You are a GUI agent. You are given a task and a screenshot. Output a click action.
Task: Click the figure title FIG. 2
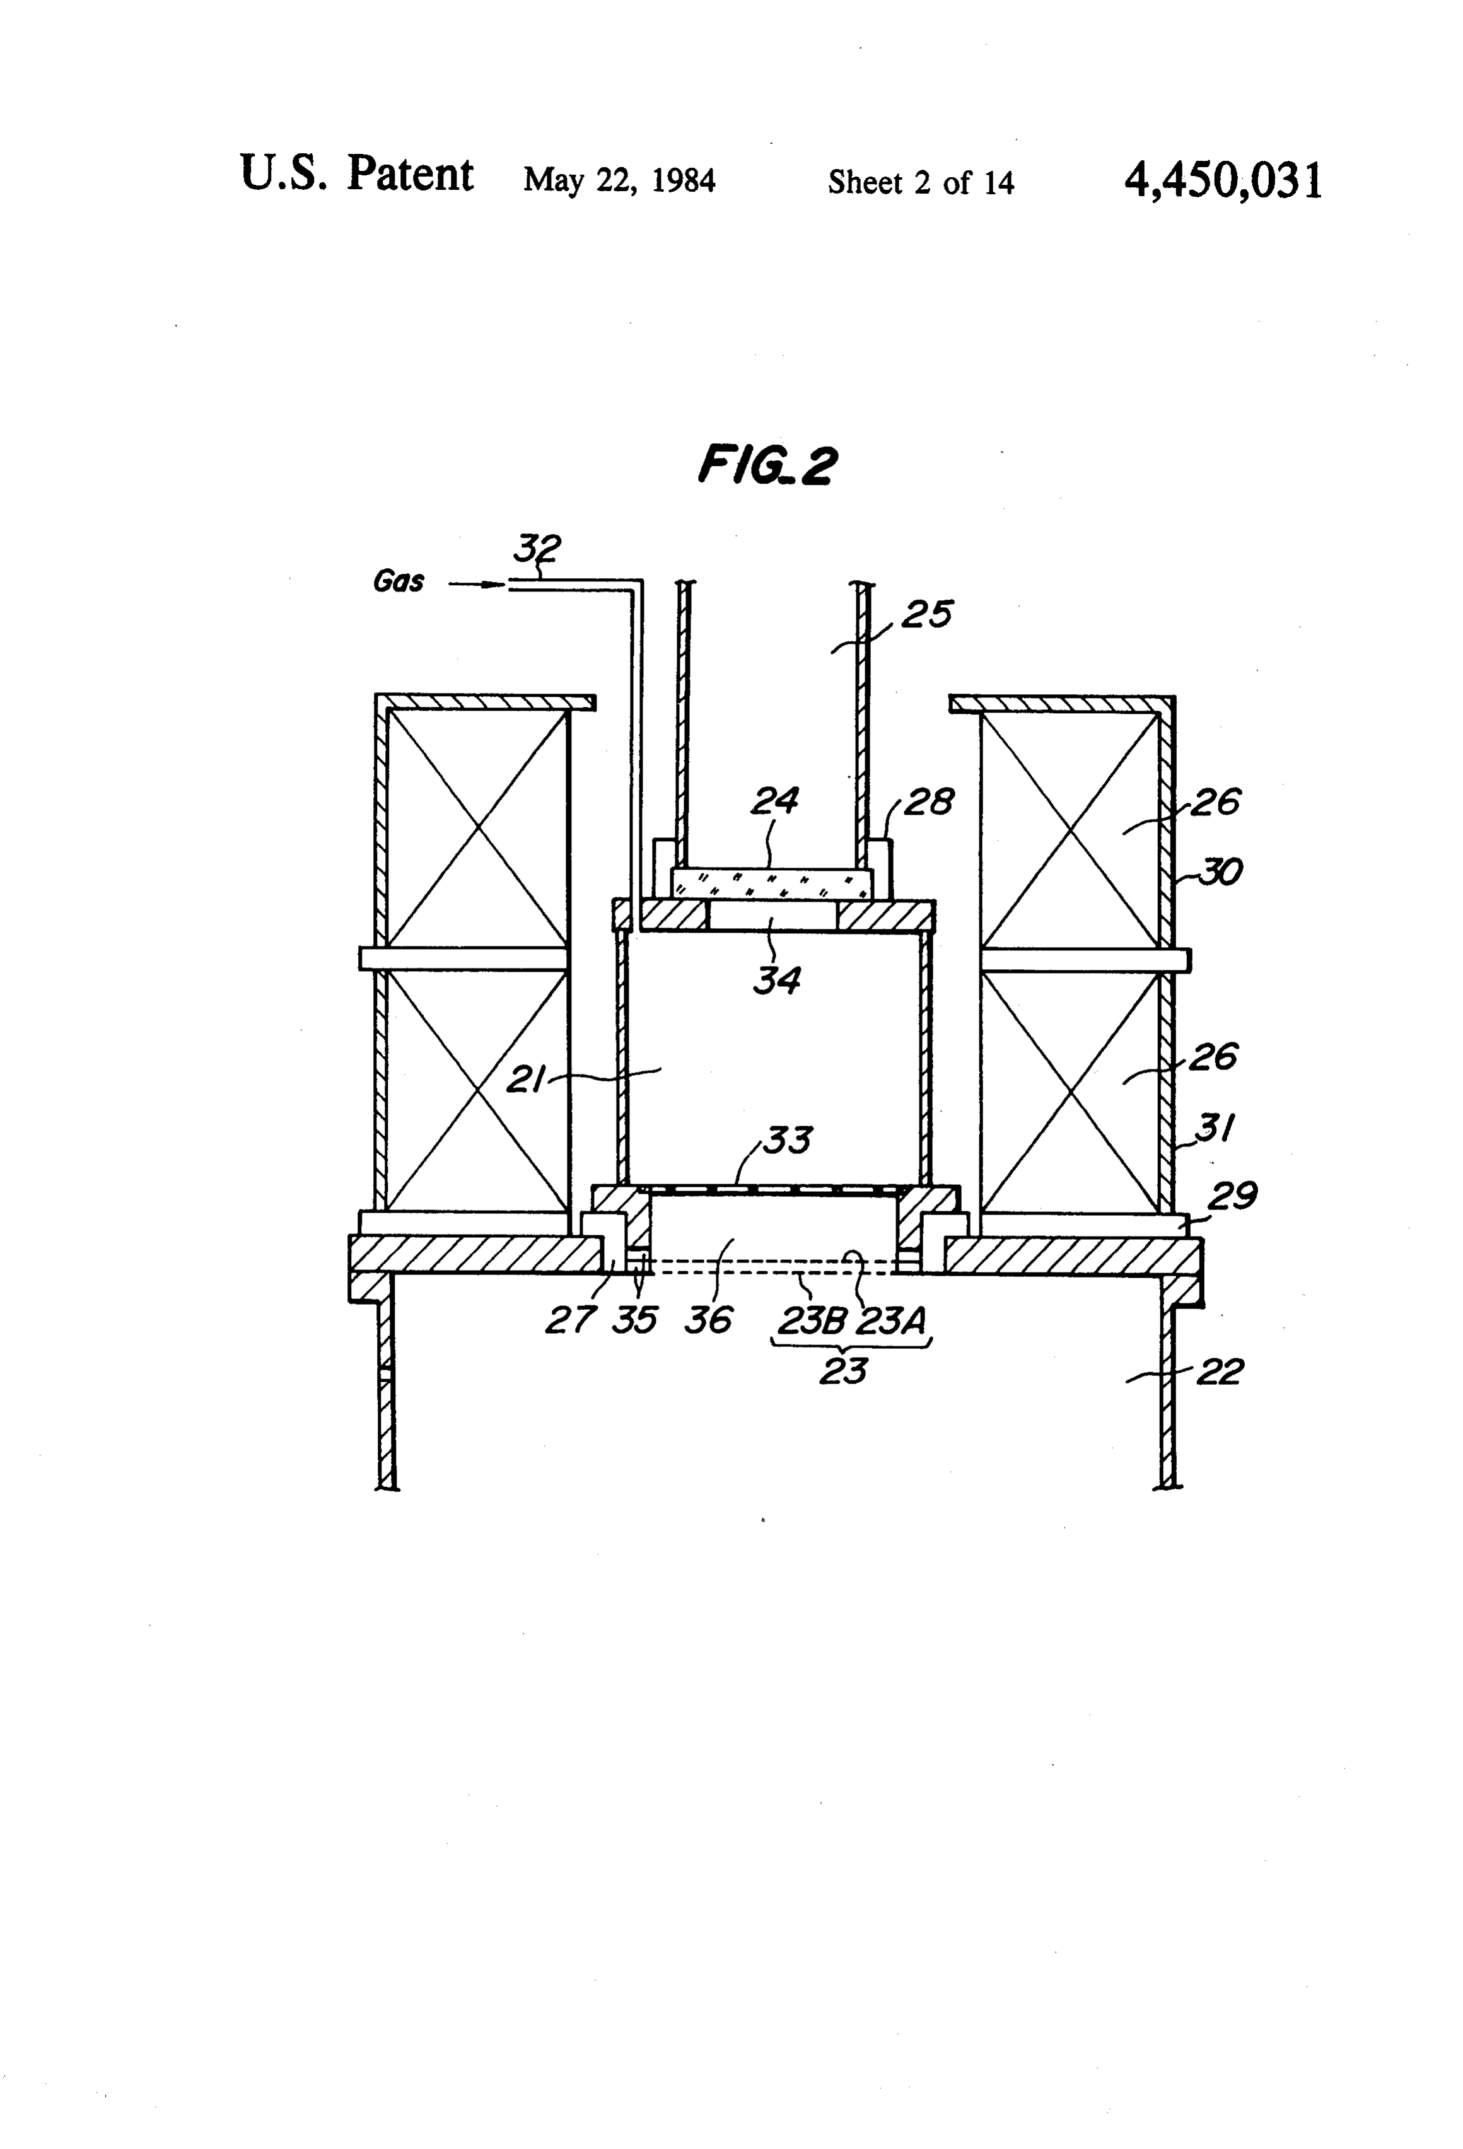[767, 465]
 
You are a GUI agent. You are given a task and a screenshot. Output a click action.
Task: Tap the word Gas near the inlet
[399, 581]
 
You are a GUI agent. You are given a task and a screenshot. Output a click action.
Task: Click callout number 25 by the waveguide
[926, 614]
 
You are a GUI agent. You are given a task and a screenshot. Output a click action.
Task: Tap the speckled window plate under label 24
[771, 882]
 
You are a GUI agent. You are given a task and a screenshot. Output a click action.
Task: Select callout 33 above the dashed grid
[787, 1140]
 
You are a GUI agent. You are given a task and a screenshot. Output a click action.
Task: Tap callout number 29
[1233, 1197]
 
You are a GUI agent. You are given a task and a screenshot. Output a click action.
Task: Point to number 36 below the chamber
[708, 1320]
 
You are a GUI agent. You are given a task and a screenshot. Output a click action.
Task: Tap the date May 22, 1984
[620, 179]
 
